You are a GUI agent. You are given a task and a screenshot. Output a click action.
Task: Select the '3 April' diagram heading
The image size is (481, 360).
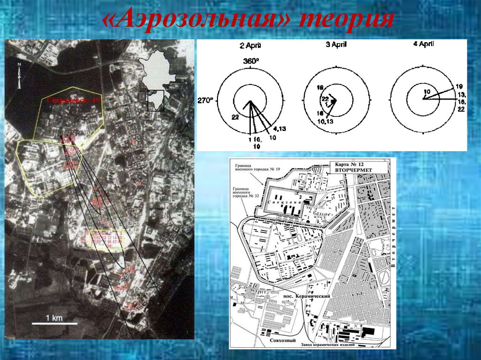336,45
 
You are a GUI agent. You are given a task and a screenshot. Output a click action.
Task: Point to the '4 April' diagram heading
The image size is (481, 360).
422,44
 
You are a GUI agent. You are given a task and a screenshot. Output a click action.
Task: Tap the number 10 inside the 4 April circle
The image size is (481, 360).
427,92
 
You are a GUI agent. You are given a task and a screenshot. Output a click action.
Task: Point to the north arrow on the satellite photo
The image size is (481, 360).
19,75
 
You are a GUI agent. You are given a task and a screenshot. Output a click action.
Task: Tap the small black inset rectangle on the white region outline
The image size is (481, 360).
155,100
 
